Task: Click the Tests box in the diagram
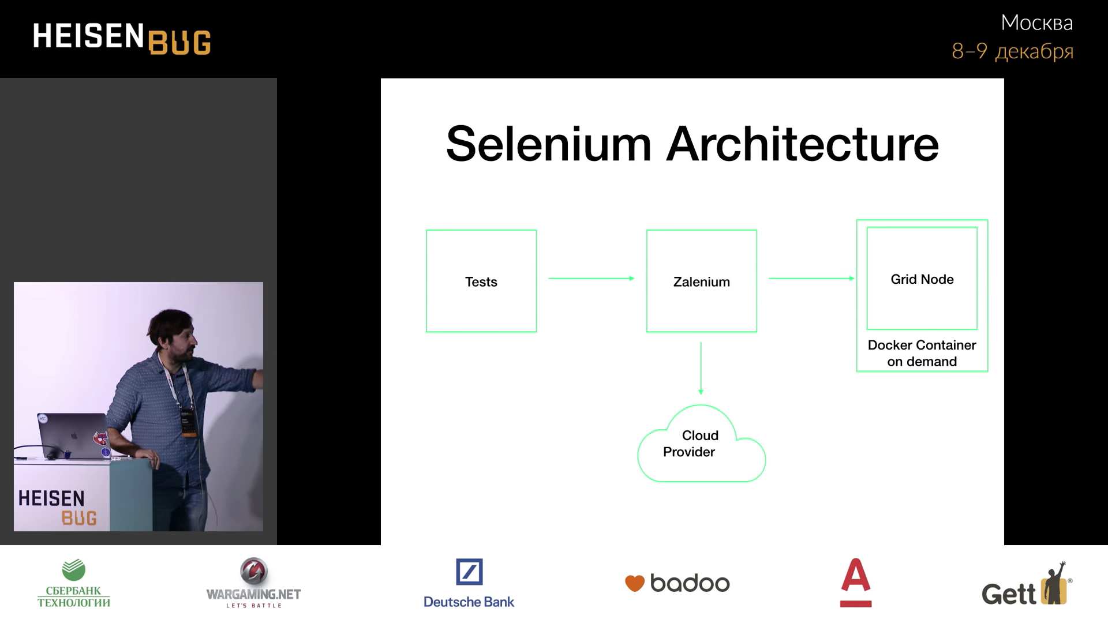point(481,282)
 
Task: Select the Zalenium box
point(701,282)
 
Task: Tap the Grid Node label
point(922,279)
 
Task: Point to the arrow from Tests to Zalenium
point(591,279)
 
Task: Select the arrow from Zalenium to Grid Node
point(811,279)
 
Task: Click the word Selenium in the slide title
point(548,144)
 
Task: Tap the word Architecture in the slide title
point(802,144)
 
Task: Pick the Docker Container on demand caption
point(922,353)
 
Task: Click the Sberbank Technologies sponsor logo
point(74,584)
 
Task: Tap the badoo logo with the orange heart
point(677,583)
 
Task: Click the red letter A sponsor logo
point(855,583)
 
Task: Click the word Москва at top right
point(1036,23)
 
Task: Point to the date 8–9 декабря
point(1012,51)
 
